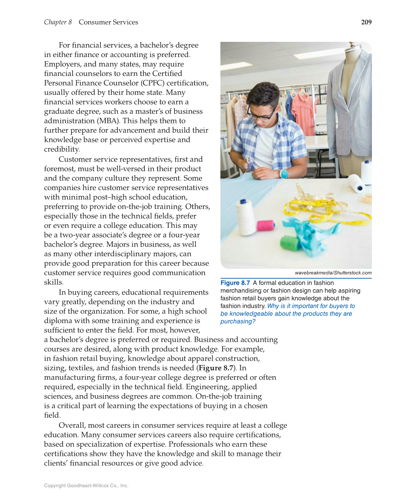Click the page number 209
click(366, 22)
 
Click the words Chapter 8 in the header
click(58, 22)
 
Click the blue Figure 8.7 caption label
click(235, 283)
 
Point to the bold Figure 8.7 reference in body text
click(216, 368)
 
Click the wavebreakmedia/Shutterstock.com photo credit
click(333, 273)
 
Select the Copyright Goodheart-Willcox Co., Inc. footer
click(86, 485)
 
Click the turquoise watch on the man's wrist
click(284, 174)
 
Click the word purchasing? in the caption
click(238, 321)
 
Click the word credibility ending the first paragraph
click(61, 149)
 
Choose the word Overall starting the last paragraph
click(72, 425)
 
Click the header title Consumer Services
click(108, 22)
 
